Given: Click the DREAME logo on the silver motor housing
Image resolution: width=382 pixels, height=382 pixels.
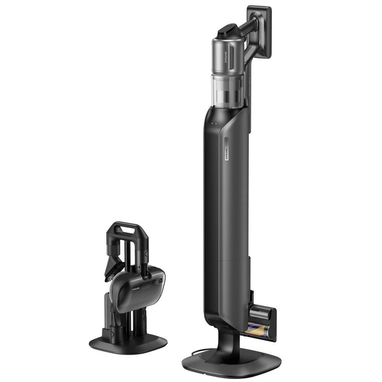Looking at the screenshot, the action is coord(226,57).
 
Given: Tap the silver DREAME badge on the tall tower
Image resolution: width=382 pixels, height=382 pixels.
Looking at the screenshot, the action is coord(226,149).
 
